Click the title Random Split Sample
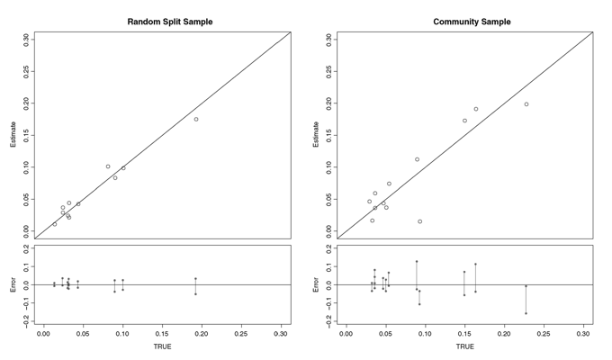point(170,22)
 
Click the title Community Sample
point(472,22)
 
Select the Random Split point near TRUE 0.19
point(196,119)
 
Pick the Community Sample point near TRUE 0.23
point(526,104)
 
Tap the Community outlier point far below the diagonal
point(420,221)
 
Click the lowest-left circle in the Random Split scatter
point(55,224)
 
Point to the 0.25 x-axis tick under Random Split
point(241,334)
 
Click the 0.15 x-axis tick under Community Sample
point(464,334)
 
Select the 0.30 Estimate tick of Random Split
point(26,40)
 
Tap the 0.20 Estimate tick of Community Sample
point(328,103)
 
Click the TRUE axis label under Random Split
point(162,346)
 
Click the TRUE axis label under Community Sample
point(465,346)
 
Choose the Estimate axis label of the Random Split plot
point(13,135)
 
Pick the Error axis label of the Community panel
point(316,284)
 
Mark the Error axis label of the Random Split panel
point(13,284)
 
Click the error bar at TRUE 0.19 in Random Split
point(195,286)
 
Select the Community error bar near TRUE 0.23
point(526,300)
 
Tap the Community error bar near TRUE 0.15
point(464,283)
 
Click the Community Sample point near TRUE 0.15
point(464,121)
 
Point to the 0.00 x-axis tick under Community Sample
point(346,334)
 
